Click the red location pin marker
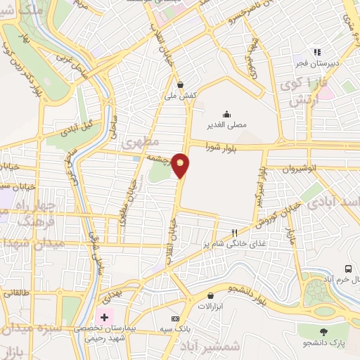click(x=181, y=165)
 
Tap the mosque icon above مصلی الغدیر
click(x=226, y=114)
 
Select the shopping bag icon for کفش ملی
click(x=181, y=83)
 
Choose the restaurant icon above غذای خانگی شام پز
click(x=235, y=233)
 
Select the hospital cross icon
click(x=105, y=317)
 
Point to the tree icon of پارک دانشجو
click(x=323, y=332)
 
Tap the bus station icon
click(x=347, y=269)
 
